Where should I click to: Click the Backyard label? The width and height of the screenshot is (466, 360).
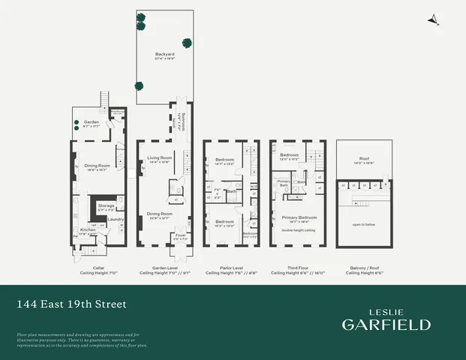tap(164, 54)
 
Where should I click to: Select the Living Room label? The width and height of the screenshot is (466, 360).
tap(159, 157)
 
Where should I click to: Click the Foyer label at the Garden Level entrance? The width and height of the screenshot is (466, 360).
tap(180, 235)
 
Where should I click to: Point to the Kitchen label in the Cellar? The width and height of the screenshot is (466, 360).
tap(88, 230)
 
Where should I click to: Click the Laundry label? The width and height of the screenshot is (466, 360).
tap(116, 219)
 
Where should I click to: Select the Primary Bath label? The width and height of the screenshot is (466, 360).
tap(284, 182)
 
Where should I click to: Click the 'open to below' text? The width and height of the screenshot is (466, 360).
tap(364, 223)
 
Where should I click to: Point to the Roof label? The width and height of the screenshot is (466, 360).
tap(364, 159)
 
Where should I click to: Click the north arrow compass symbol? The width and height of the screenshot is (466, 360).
tap(432, 22)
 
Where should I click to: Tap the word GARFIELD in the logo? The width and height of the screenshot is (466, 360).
tap(386, 324)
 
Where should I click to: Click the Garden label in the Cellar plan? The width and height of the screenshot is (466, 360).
tap(92, 121)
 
